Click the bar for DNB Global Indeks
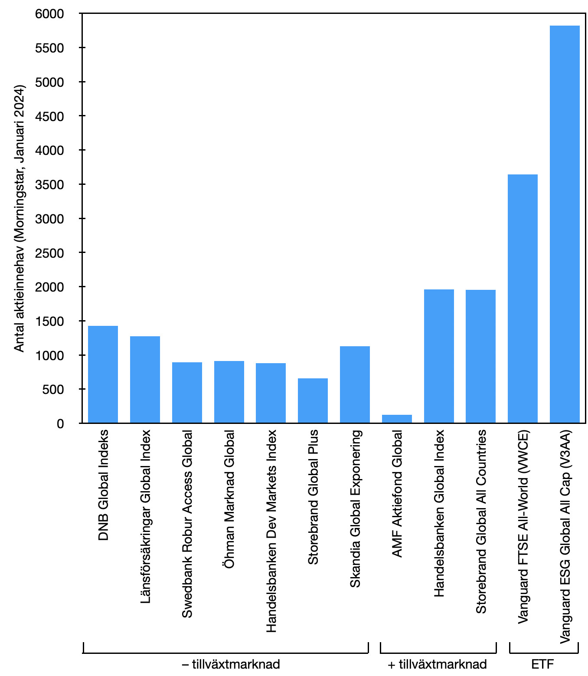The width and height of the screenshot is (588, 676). click(x=103, y=374)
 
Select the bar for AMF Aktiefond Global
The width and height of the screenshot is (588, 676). click(x=397, y=419)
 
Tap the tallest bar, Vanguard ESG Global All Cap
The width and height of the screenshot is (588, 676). click(x=565, y=224)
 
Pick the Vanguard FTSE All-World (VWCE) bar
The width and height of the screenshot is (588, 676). click(x=523, y=299)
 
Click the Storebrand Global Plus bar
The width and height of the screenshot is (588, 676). click(x=313, y=400)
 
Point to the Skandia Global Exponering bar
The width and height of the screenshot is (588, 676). click(x=355, y=384)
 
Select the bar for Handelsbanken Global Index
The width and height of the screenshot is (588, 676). click(x=439, y=356)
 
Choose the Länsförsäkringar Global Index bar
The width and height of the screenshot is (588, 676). click(x=145, y=379)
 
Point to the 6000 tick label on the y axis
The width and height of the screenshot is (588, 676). click(x=49, y=14)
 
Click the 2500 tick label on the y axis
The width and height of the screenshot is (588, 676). click(x=49, y=253)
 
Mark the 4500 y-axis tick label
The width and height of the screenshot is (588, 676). click(x=49, y=116)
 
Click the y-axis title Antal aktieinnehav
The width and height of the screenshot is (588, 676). click(x=19, y=218)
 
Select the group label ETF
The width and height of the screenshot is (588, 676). click(x=542, y=664)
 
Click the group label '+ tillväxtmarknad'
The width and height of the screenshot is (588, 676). click(x=437, y=664)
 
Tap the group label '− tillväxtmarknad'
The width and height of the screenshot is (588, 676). click(x=231, y=664)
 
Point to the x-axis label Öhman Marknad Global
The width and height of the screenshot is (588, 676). click(x=229, y=499)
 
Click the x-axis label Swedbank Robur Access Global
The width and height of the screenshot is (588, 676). click(x=187, y=524)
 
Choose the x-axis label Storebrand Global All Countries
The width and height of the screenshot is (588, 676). click(x=481, y=522)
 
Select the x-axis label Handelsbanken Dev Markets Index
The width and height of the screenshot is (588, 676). click(x=271, y=531)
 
